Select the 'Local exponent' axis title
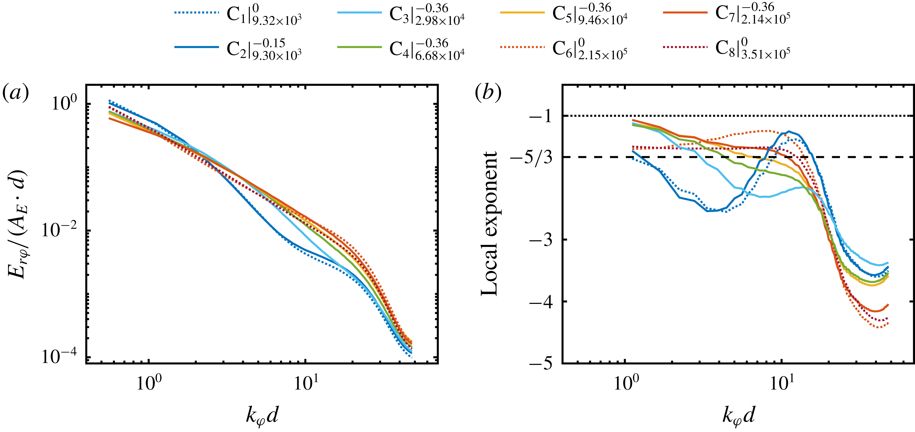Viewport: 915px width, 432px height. [x=489, y=224]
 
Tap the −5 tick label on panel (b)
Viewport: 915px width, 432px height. [x=541, y=364]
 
